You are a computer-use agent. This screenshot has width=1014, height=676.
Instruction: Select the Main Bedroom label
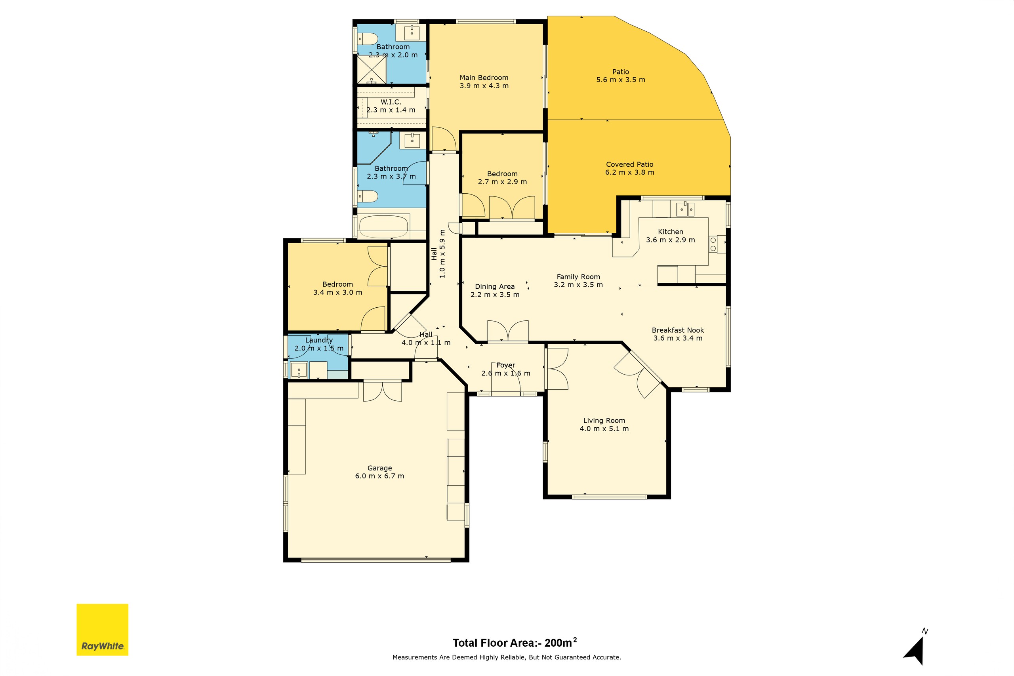click(x=484, y=78)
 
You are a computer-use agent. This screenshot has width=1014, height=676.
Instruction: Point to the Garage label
click(x=379, y=468)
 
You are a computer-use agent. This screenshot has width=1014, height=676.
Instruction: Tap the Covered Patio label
click(x=629, y=164)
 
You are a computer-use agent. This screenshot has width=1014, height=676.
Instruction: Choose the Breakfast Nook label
click(x=678, y=330)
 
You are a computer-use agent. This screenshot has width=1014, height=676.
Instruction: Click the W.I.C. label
click(x=391, y=102)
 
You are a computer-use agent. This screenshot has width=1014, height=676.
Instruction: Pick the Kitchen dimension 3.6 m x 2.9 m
click(x=671, y=240)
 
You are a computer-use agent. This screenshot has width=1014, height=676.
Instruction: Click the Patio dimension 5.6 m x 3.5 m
click(x=620, y=80)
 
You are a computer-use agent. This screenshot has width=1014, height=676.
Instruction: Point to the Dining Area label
click(x=494, y=287)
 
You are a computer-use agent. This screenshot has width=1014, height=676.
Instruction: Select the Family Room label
click(x=578, y=277)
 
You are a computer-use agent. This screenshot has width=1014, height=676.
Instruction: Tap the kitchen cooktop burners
click(x=713, y=244)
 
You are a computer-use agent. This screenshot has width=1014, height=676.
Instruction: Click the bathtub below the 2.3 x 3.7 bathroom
click(x=383, y=227)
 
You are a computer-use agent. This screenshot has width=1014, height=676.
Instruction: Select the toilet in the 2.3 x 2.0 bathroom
click(x=368, y=39)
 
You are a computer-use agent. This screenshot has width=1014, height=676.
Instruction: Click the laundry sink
click(x=299, y=370)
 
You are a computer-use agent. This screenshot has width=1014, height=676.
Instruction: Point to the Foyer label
click(x=506, y=365)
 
